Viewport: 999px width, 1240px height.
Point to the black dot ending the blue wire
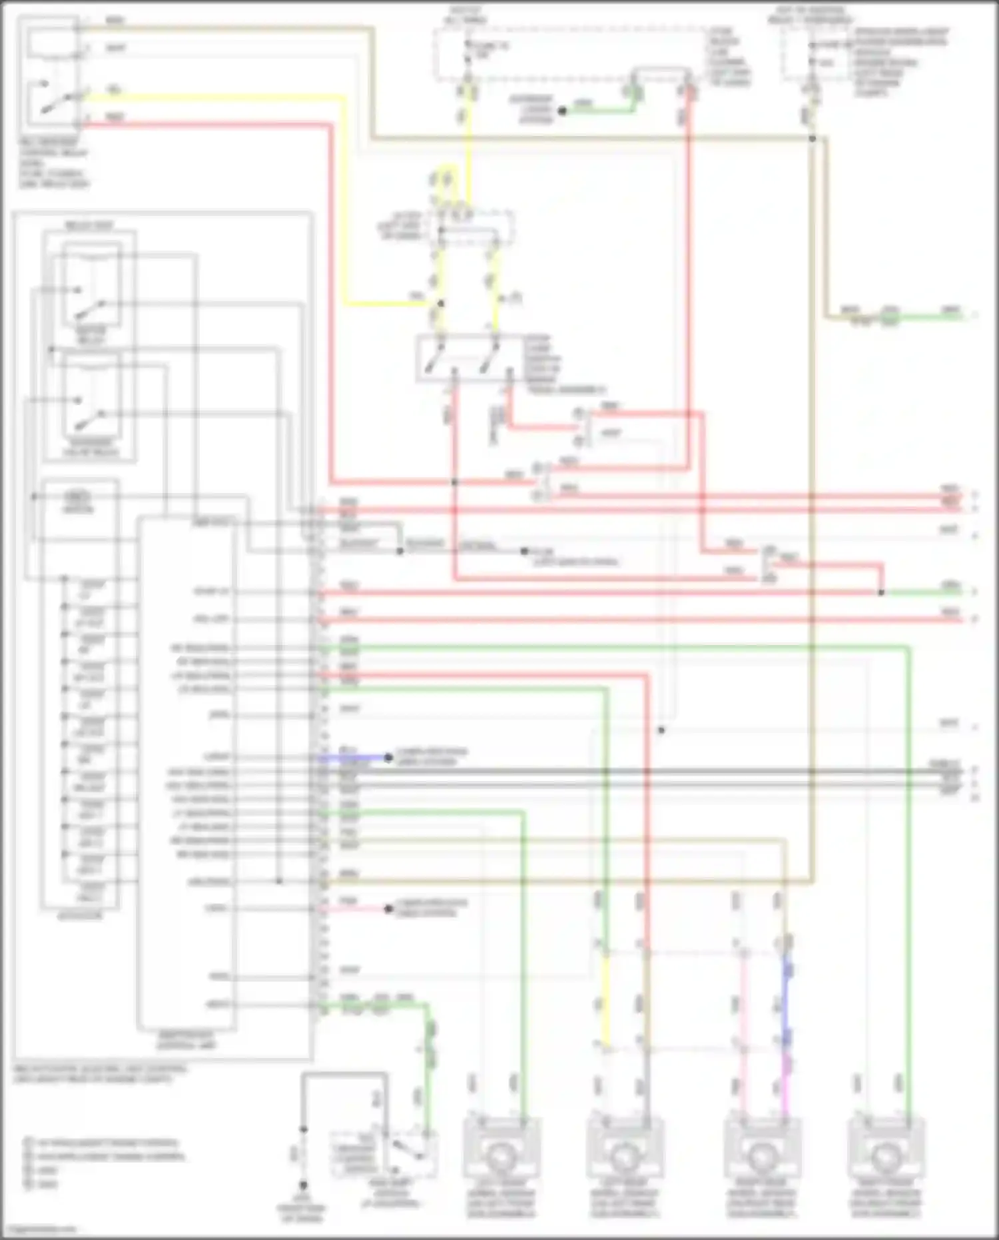[x=388, y=758]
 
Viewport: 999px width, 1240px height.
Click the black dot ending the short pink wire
[x=389, y=909]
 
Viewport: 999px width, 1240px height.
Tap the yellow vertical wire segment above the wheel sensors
[x=606, y=999]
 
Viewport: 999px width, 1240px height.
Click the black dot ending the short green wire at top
[x=562, y=111]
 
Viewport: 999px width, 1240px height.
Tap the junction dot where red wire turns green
[x=881, y=592]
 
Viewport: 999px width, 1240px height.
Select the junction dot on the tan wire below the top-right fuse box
[x=812, y=139]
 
